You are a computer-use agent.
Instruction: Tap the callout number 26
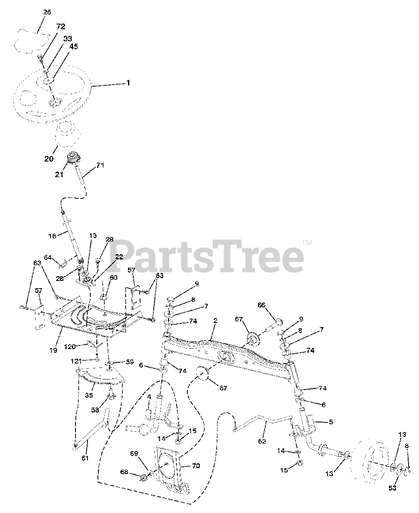coord(47,12)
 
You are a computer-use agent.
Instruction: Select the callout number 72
coord(61,27)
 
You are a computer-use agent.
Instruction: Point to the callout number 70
coord(196,466)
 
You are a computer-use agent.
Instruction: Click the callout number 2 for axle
coord(215,321)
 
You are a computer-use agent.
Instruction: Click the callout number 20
coord(49,159)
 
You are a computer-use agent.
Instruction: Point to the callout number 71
coord(100,165)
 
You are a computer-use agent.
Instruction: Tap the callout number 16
coord(52,236)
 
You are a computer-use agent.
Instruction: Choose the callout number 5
coord(330,422)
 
